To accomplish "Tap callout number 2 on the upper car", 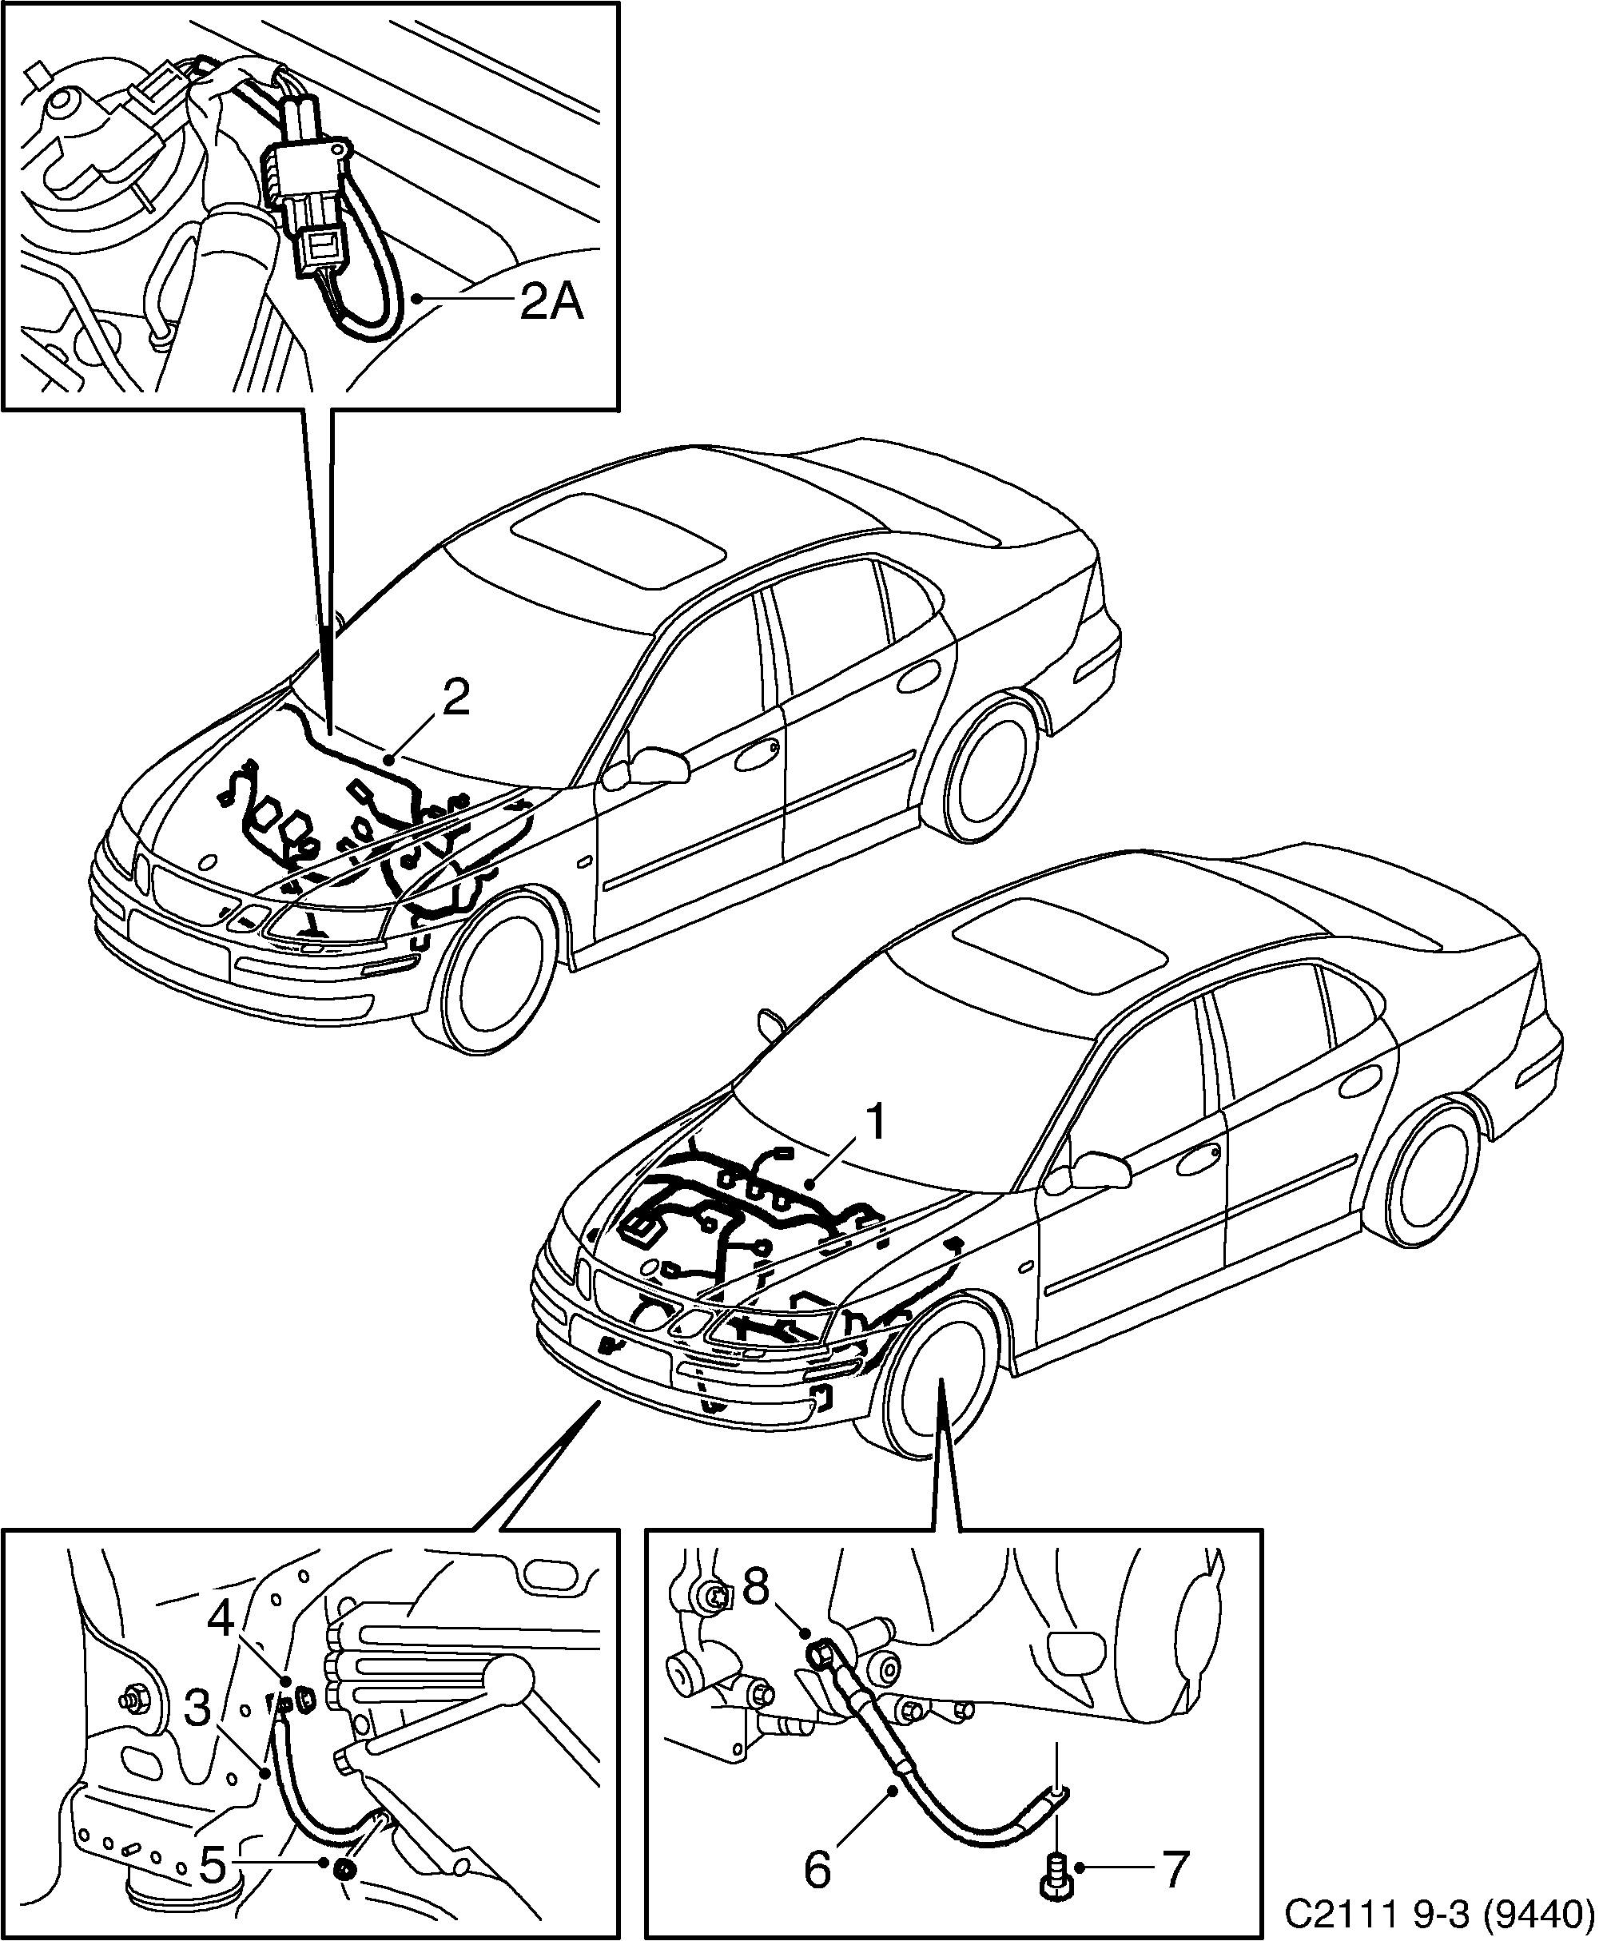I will pyautogui.click(x=455, y=698).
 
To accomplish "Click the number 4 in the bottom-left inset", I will pyautogui.click(x=221, y=1615).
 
